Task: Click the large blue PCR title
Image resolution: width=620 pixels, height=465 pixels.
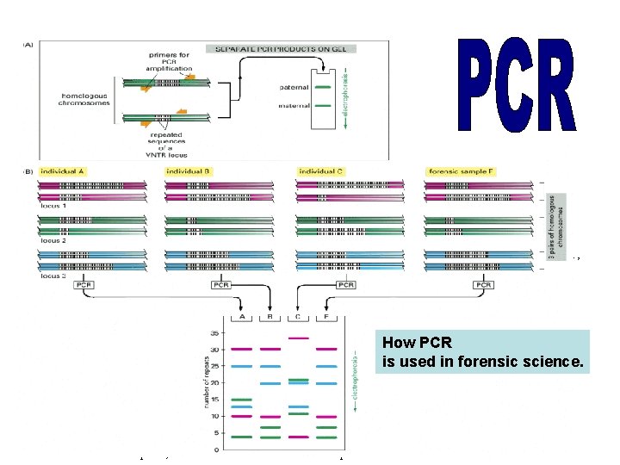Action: point(516,84)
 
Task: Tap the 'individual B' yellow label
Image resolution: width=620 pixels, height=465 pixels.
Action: point(189,171)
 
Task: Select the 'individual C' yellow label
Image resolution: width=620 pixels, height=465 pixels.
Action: point(320,171)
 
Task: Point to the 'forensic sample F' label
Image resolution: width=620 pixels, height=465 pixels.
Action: point(460,171)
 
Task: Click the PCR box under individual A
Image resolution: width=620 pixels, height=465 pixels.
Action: point(84,285)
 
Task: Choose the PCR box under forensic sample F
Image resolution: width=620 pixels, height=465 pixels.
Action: point(484,285)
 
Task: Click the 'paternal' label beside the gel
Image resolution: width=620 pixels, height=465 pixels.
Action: point(294,87)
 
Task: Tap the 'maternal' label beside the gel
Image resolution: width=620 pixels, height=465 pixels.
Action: point(294,106)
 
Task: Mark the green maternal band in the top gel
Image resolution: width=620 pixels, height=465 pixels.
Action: point(322,106)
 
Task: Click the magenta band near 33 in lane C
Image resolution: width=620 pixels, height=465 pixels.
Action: point(298,338)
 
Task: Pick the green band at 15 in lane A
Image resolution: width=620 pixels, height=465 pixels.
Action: point(242,400)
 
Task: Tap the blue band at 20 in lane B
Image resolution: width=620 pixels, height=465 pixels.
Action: point(270,383)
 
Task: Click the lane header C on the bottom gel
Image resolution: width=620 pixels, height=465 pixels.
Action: point(298,317)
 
